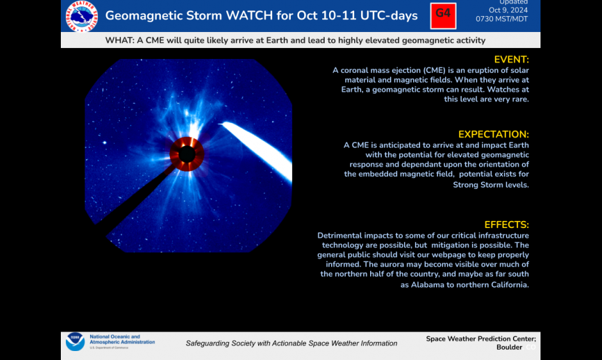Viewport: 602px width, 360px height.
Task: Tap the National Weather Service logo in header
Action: pyautogui.click(x=82, y=16)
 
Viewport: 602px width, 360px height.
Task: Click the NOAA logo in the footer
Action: pyautogui.click(x=75, y=342)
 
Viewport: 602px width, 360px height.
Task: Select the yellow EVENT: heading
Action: pyautogui.click(x=511, y=60)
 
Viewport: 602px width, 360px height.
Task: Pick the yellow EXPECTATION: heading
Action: pyautogui.click(x=493, y=135)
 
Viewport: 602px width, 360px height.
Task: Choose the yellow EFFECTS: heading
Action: pyautogui.click(x=506, y=225)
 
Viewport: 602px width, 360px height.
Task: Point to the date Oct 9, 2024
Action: pyautogui.click(x=507, y=10)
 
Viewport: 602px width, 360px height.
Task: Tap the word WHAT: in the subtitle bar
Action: pyautogui.click(x=120, y=40)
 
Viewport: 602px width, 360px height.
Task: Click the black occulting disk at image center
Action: pyautogui.click(x=187, y=154)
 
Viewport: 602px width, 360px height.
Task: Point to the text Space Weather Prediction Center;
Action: pyautogui.click(x=481, y=339)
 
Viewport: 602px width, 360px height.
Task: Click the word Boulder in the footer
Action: pyautogui.click(x=509, y=347)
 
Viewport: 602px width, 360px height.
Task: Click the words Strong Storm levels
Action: pyautogui.click(x=491, y=184)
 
